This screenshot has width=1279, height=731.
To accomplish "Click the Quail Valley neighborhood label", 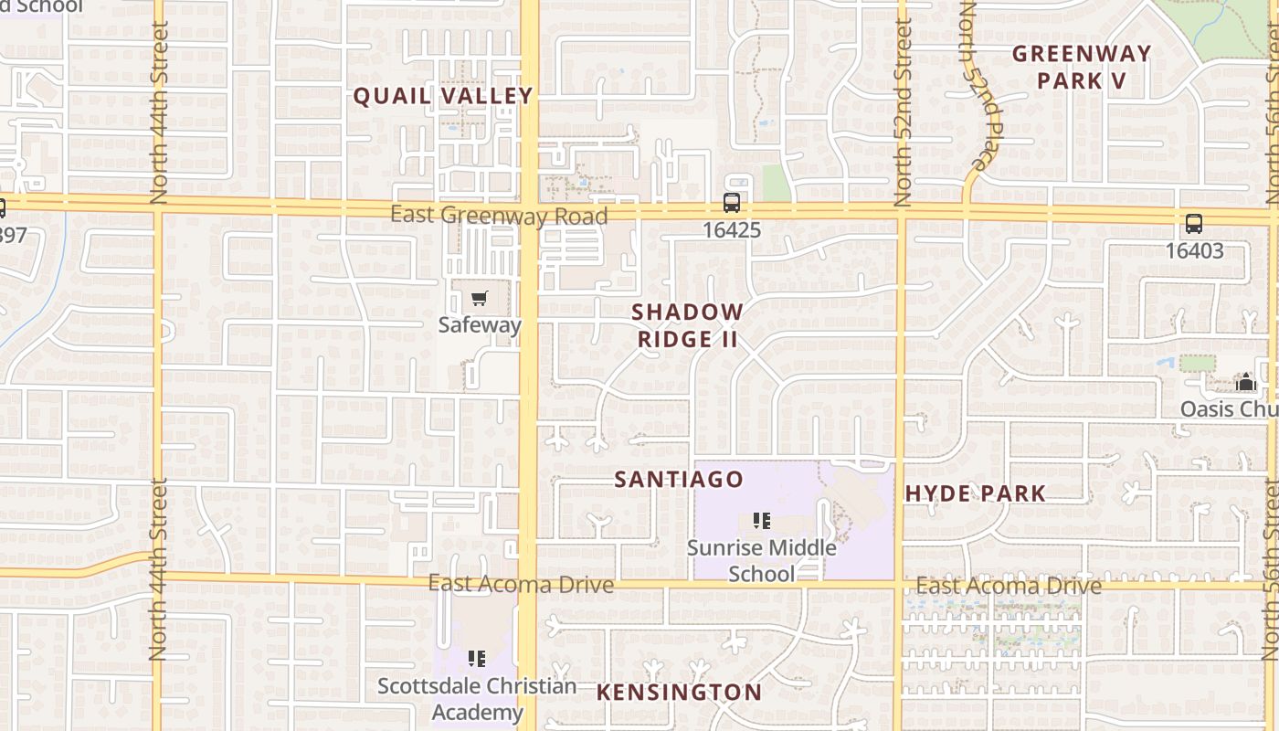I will tap(442, 96).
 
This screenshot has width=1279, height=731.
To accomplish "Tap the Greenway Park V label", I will tap(1081, 67).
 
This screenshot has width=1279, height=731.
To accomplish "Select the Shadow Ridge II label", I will tap(687, 325).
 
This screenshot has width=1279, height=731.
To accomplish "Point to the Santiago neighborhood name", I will tap(678, 480).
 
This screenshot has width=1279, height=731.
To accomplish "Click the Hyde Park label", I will tap(975, 494).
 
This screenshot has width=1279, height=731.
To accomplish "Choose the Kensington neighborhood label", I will tap(679, 693).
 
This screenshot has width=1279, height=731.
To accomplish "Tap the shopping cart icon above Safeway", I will tap(479, 298).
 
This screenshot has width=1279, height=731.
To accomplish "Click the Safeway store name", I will tap(479, 324).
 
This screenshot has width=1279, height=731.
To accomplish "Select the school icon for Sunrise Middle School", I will tap(761, 521).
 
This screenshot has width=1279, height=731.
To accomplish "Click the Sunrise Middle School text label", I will tap(761, 560).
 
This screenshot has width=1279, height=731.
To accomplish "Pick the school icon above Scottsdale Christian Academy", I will tap(476, 658).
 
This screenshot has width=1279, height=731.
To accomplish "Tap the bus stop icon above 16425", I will tap(731, 203).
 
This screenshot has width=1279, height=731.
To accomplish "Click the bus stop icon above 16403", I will tap(1193, 224).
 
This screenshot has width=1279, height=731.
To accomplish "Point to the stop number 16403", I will tap(1193, 250).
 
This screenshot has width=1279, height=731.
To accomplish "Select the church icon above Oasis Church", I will tap(1246, 382).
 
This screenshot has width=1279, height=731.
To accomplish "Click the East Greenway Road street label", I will tap(499, 216).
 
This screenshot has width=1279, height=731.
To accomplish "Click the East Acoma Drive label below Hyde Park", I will tap(1009, 586).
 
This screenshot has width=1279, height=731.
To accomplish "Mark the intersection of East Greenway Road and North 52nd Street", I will tap(902, 213).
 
